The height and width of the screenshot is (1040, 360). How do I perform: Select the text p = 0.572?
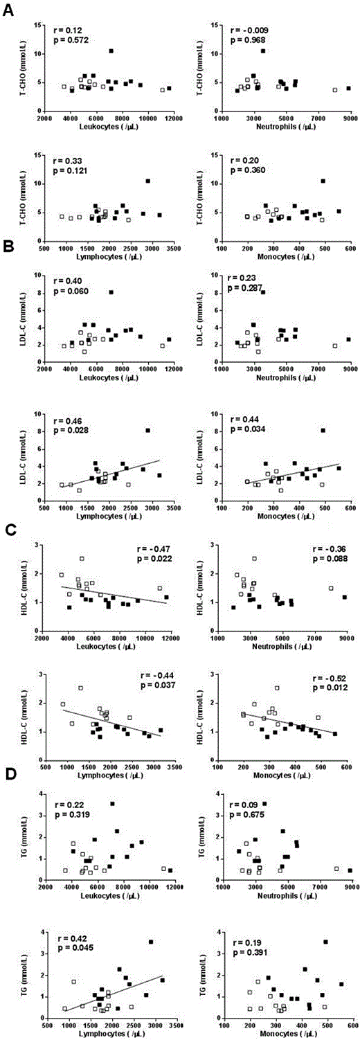click(73, 41)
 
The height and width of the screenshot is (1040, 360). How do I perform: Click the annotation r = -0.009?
click(249, 31)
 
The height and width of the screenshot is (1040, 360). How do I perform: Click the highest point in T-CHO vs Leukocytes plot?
click(111, 51)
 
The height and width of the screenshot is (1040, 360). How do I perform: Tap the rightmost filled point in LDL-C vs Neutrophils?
click(349, 339)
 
